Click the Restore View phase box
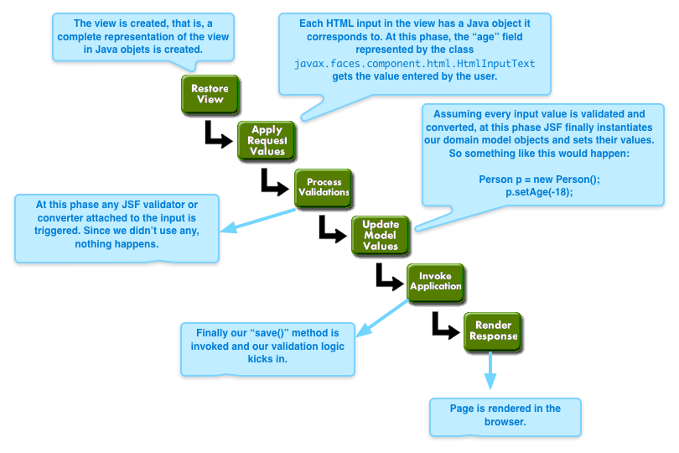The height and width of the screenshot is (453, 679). [210, 94]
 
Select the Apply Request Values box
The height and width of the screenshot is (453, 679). [267, 141]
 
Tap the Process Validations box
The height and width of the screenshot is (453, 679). [323, 187]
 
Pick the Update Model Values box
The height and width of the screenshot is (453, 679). [381, 235]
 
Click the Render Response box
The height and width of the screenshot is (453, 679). [493, 331]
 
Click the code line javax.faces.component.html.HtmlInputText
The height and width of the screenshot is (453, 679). [414, 64]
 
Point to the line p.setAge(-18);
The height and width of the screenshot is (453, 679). [538, 193]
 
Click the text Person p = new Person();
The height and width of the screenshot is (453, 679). [538, 180]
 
